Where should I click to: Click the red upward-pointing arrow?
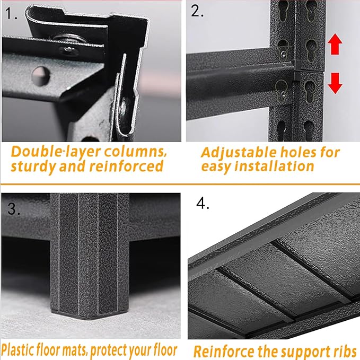click(x=335, y=44)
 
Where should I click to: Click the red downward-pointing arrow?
click(x=335, y=83)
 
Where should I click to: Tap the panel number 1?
click(x=11, y=13)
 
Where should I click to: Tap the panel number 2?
click(x=197, y=11)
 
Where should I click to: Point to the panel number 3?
click(x=14, y=209)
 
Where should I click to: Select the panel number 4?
click(x=203, y=203)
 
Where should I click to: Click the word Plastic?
click(x=17, y=350)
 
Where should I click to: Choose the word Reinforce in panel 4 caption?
click(x=224, y=352)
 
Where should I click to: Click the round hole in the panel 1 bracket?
click(x=41, y=76)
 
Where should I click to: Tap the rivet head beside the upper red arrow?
click(x=284, y=55)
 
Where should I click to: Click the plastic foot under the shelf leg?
click(x=90, y=314)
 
